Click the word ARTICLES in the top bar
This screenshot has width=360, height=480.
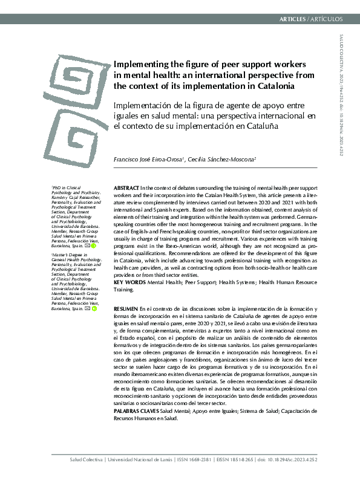point(293,19)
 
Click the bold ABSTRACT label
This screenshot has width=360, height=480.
point(126,189)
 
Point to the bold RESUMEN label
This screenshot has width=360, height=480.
point(125,309)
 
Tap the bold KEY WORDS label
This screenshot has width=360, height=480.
point(128,282)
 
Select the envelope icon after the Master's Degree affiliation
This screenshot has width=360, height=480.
point(88,308)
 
